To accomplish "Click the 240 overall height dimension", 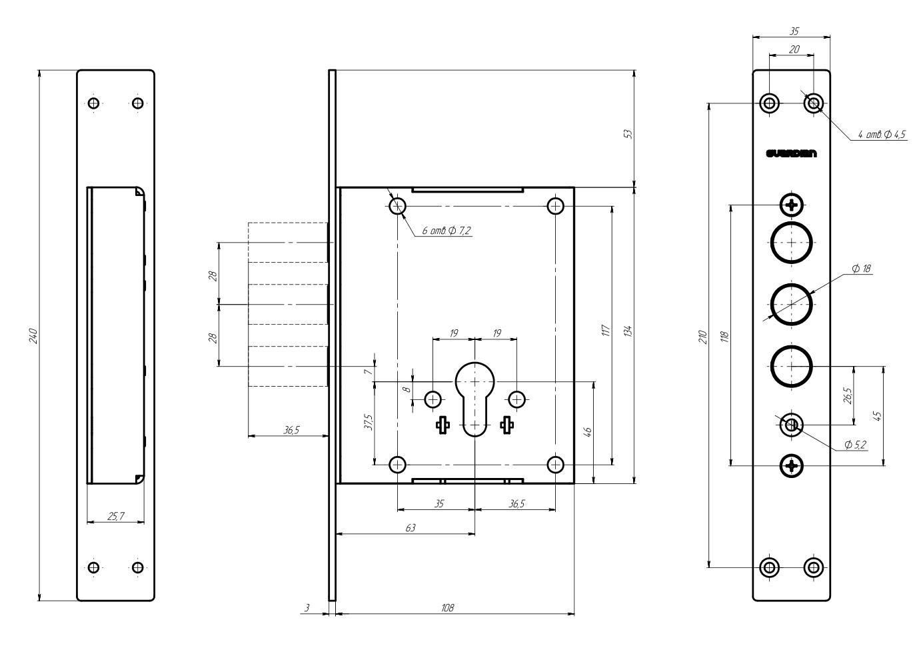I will pyautogui.click(x=33, y=336).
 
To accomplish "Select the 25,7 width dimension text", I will pyautogui.click(x=115, y=515).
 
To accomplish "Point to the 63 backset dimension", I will pyautogui.click(x=411, y=527).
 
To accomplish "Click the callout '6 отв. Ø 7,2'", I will pyautogui.click(x=447, y=231).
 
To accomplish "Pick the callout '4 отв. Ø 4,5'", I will pyautogui.click(x=881, y=135).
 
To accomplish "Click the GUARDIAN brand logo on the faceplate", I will pyautogui.click(x=792, y=154).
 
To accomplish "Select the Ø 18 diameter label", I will pyautogui.click(x=861, y=269).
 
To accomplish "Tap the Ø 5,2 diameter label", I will pyautogui.click(x=855, y=445).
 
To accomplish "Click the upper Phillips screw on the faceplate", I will pyautogui.click(x=792, y=205).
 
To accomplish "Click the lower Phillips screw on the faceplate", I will pyautogui.click(x=792, y=465).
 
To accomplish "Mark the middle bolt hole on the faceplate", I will pyautogui.click(x=792, y=304).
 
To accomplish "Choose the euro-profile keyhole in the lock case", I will pyautogui.click(x=474, y=397).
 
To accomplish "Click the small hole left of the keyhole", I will pyautogui.click(x=433, y=399).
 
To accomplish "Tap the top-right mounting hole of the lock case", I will pyautogui.click(x=555, y=205).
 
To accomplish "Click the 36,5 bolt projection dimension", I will pyautogui.click(x=291, y=431).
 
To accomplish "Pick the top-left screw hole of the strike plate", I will pyautogui.click(x=94, y=103).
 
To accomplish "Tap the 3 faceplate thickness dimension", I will pyautogui.click(x=307, y=608).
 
